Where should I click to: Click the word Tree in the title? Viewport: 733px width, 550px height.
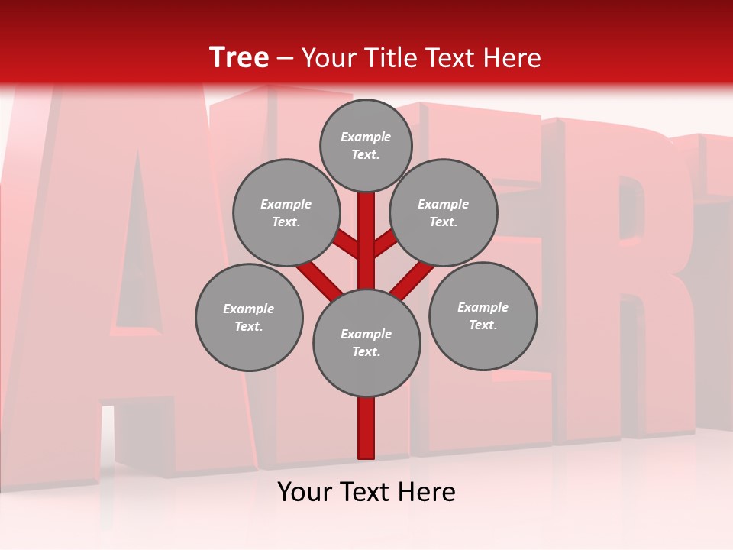(239, 58)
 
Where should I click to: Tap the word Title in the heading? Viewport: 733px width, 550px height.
(386, 58)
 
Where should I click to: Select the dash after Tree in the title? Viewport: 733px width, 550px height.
(285, 59)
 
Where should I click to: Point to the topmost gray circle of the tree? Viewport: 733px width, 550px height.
(366, 145)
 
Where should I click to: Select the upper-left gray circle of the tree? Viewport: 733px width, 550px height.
(286, 212)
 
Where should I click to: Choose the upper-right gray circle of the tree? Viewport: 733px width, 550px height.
(444, 212)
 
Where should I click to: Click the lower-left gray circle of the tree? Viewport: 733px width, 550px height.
(249, 317)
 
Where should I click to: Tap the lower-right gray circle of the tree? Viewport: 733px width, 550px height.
(483, 316)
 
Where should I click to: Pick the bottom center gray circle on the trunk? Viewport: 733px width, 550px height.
(366, 343)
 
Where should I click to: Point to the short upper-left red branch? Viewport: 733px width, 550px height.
(347, 245)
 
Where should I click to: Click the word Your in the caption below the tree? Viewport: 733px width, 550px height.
(304, 492)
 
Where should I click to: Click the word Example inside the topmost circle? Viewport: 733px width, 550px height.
(366, 137)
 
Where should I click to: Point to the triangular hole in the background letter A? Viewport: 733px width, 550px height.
(137, 252)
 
